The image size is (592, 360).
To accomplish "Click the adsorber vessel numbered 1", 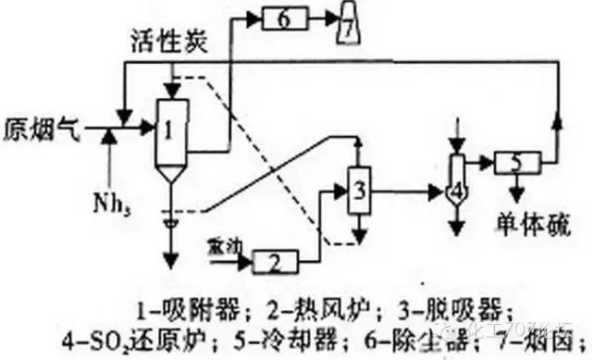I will pos(170,130).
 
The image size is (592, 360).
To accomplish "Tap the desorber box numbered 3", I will pos(358,192).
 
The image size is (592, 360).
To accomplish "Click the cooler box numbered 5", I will pos(517,163).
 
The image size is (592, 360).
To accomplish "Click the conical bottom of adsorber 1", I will pos(170,174).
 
